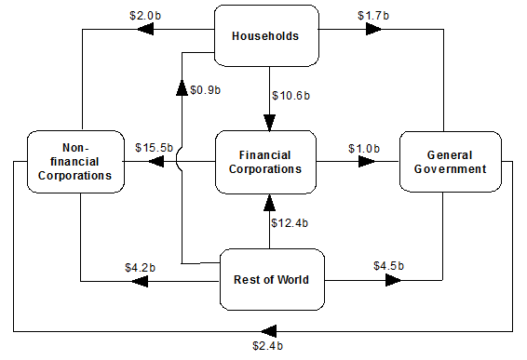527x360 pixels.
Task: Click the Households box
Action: (x=266, y=35)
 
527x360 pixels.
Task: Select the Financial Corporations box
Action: (x=265, y=162)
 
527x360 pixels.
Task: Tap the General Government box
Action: (x=451, y=162)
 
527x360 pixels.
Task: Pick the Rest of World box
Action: (x=272, y=279)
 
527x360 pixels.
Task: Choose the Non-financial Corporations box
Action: (x=75, y=162)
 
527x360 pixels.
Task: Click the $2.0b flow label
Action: (x=145, y=16)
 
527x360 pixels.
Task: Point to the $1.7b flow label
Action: (x=373, y=16)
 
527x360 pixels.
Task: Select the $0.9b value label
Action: (x=206, y=90)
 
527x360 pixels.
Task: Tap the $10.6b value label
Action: (x=291, y=96)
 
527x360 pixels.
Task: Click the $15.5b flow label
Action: (x=154, y=147)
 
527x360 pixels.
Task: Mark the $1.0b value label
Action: (x=364, y=149)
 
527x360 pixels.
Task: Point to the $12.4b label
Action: (x=290, y=223)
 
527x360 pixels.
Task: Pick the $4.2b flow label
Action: (x=141, y=268)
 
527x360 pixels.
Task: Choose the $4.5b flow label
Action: (x=389, y=266)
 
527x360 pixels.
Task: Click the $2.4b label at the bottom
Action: (x=268, y=345)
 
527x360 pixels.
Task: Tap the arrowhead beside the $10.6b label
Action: (x=269, y=123)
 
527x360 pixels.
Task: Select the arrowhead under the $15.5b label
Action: (x=155, y=162)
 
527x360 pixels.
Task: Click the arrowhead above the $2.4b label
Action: (x=268, y=331)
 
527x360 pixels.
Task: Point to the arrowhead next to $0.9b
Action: (x=182, y=87)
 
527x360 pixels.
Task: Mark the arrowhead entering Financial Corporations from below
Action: (x=269, y=203)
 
